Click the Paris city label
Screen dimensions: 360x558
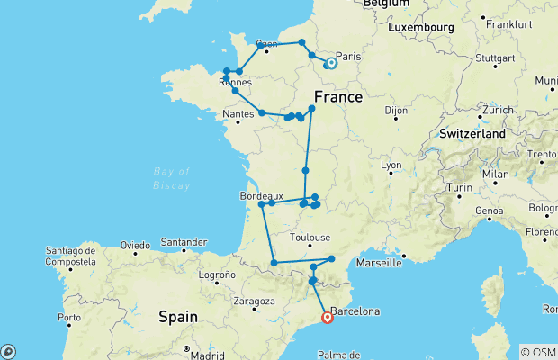click(347, 57)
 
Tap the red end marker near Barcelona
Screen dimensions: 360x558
click(327, 317)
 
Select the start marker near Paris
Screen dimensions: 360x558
click(331, 63)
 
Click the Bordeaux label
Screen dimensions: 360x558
click(262, 194)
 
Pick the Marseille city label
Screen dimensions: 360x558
click(379, 263)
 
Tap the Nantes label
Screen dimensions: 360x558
click(237, 114)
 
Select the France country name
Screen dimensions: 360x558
click(338, 96)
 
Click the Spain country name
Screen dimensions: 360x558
click(177, 316)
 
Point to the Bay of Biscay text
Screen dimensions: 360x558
click(172, 178)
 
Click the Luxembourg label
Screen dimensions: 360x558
click(420, 27)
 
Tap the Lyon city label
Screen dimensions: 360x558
click(391, 166)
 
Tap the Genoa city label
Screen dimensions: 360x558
click(489, 211)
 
